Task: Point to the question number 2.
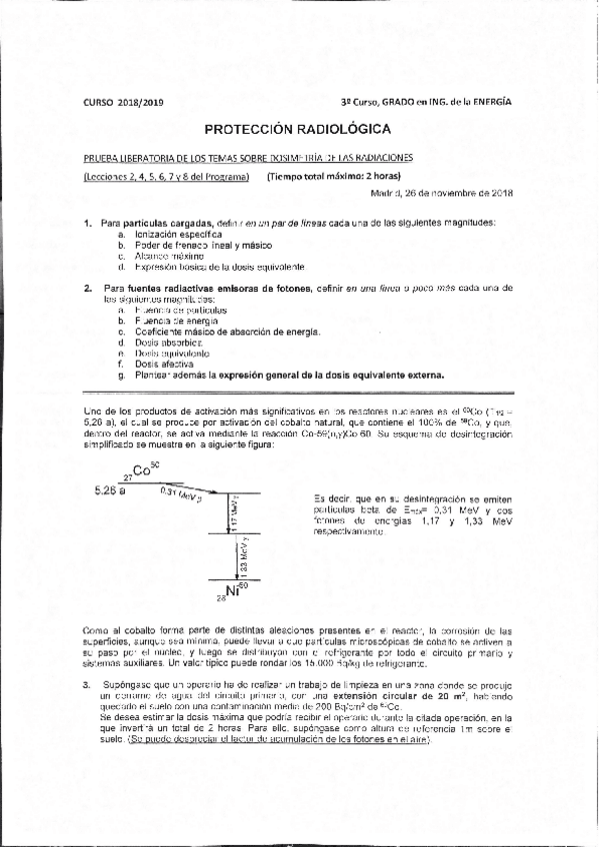pos(87,288)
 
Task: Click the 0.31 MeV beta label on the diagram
pos(181,492)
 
